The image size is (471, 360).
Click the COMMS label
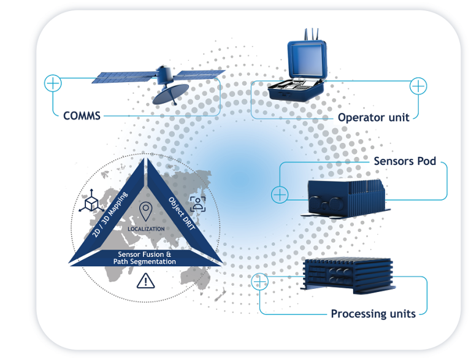[x=82, y=115]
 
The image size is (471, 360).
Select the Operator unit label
[x=373, y=117]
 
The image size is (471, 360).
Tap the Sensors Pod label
[x=405, y=161]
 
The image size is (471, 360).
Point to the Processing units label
[x=373, y=313]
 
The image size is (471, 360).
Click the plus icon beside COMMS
[x=53, y=83]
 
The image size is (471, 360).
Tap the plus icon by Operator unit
[x=418, y=86]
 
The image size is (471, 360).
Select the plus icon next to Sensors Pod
[x=280, y=194]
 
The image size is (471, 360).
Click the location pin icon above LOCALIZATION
[x=145, y=212]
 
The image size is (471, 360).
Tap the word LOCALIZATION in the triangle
[x=145, y=229]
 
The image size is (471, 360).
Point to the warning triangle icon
[x=145, y=281]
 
